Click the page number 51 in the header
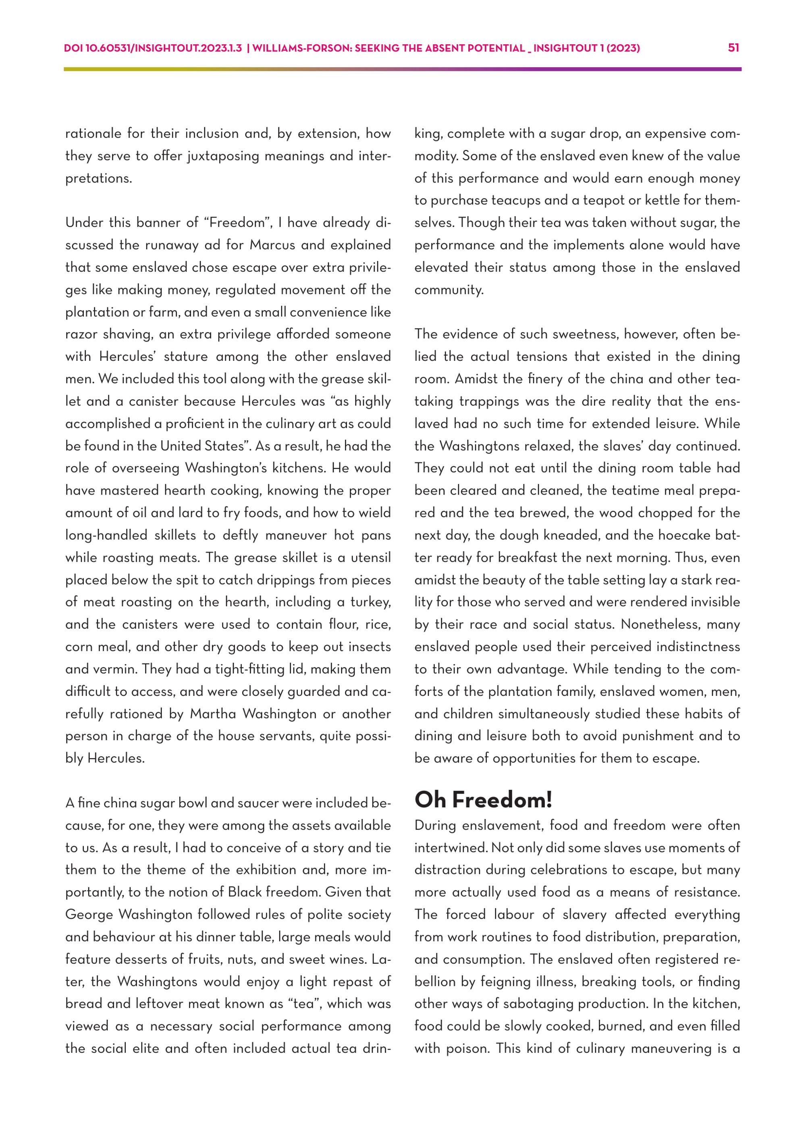733,48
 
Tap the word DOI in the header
73,48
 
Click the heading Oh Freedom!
484,800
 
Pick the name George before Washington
89,914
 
